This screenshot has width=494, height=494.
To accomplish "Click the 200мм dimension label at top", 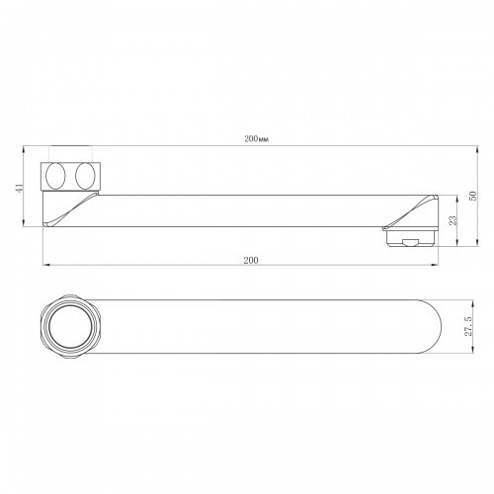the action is [256, 139].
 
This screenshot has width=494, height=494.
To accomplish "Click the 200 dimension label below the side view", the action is [251, 260].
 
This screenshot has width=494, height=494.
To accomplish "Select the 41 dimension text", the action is [20, 188].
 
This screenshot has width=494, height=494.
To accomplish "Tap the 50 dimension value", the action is [473, 196].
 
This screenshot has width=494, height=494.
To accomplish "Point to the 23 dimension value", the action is [453, 220].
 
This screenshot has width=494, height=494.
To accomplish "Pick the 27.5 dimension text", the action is [468, 326].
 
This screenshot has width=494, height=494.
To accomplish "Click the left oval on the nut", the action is [55, 176].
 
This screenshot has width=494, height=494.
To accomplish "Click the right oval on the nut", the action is [85, 176].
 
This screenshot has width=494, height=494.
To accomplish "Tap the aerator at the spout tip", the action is [412, 238].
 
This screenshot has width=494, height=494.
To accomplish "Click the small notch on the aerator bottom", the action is [410, 243].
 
